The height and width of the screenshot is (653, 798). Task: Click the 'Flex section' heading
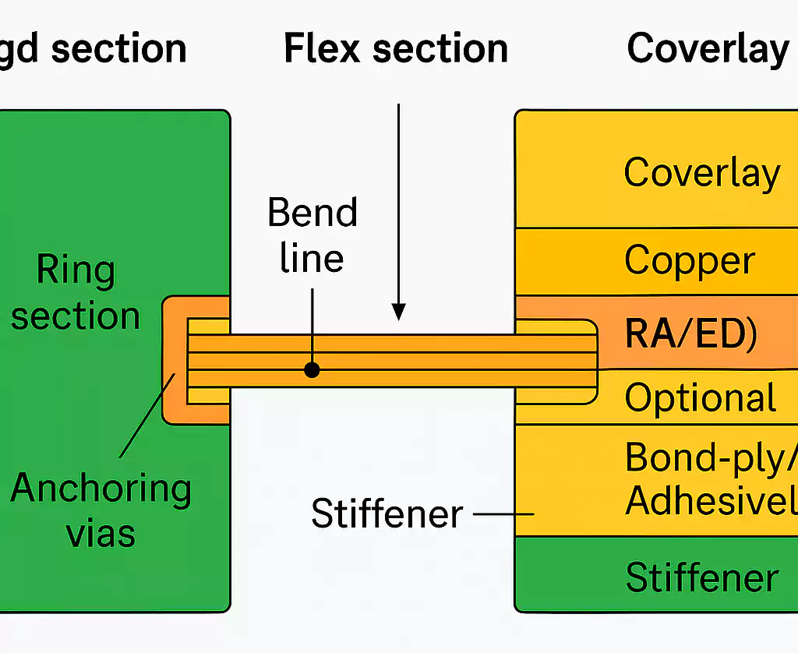[x=395, y=48]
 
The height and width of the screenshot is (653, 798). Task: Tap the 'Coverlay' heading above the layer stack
[x=708, y=48]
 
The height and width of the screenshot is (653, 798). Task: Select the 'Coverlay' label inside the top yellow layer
[x=701, y=172]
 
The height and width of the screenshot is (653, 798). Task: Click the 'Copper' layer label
[x=689, y=261]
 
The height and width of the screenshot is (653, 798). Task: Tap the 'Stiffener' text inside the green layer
[x=702, y=578]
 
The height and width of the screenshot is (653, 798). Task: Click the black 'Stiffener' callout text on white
[x=387, y=514]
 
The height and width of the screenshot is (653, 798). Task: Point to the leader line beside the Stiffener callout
[x=503, y=514]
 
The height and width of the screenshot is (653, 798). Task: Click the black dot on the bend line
[x=312, y=370]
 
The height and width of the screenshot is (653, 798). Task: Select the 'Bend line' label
[x=312, y=235]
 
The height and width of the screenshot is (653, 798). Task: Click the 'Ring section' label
[x=76, y=294]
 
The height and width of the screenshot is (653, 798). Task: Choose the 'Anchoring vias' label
[x=101, y=511]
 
